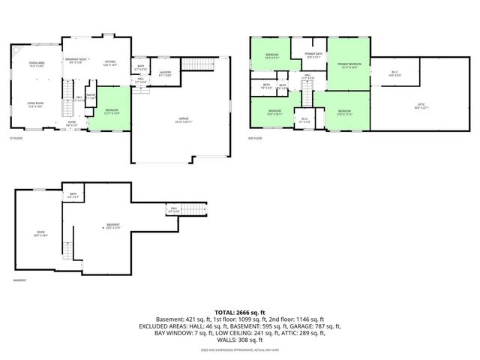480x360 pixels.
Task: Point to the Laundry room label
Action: click(165, 73)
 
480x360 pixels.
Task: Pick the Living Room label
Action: click(35, 105)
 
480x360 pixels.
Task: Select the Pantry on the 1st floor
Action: click(90, 96)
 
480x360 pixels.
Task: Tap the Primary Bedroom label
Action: click(349, 64)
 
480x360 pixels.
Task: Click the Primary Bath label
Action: click(313, 55)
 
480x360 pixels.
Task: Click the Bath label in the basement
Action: click(73, 195)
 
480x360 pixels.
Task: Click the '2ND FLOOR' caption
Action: click(256, 138)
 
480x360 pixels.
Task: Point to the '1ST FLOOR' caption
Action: click(16, 138)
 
